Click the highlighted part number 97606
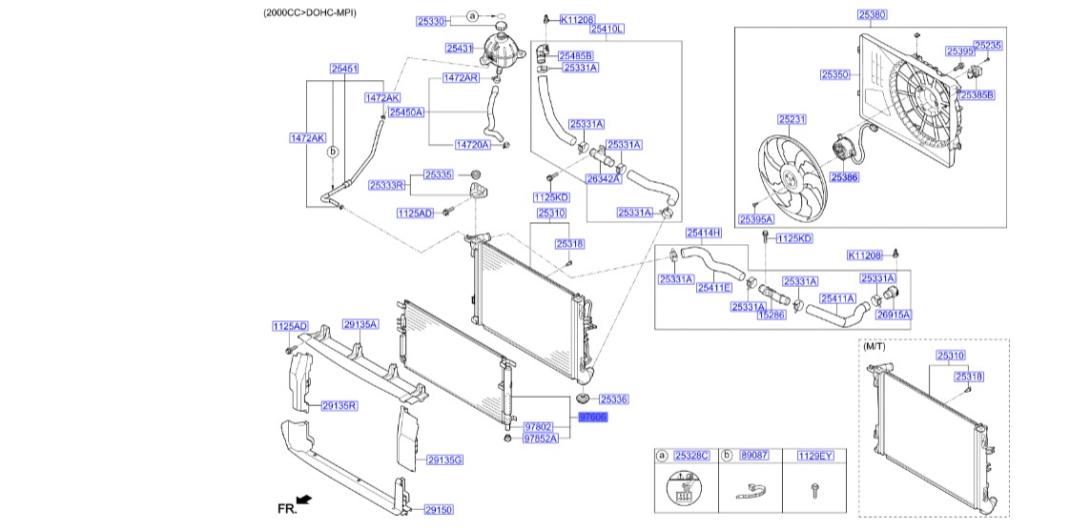coord(592,418)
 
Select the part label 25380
coord(872,15)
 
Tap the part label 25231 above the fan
coord(792,119)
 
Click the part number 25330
coord(431,20)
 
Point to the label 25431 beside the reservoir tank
coord(460,48)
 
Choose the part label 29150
coord(439,510)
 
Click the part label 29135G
coord(444,460)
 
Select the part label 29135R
coord(339,405)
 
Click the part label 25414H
coord(704,233)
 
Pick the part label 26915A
coord(894,314)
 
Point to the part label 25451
coord(344,69)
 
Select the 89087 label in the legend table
coord(754,457)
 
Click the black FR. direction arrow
coord(304,499)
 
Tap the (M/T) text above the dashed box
coord(875,347)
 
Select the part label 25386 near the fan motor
coord(843,177)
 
